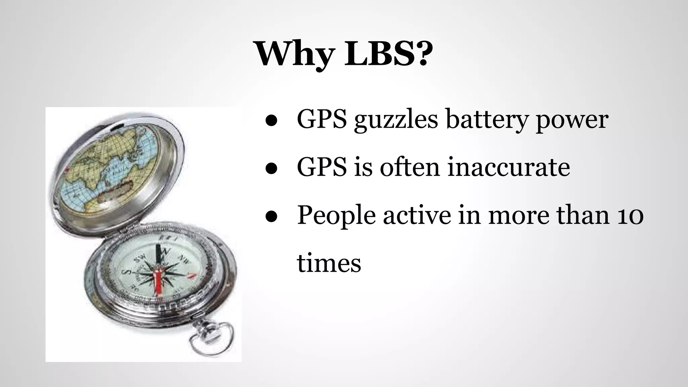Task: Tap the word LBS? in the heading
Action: click(388, 54)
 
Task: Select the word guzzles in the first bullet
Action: click(396, 120)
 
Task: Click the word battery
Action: click(486, 120)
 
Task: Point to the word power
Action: click(572, 120)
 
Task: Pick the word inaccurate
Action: click(509, 167)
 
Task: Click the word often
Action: click(410, 167)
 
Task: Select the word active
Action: click(417, 215)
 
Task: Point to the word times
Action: click(329, 263)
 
